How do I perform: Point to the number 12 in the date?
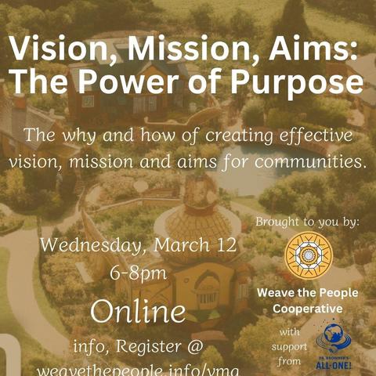226,245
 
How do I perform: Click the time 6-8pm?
138,273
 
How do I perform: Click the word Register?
148,347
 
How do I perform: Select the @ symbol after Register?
195,347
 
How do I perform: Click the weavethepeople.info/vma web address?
138,371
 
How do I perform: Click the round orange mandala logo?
309,255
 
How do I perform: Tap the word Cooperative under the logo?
308,309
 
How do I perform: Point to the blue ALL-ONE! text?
334,365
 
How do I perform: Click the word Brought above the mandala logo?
278,222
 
